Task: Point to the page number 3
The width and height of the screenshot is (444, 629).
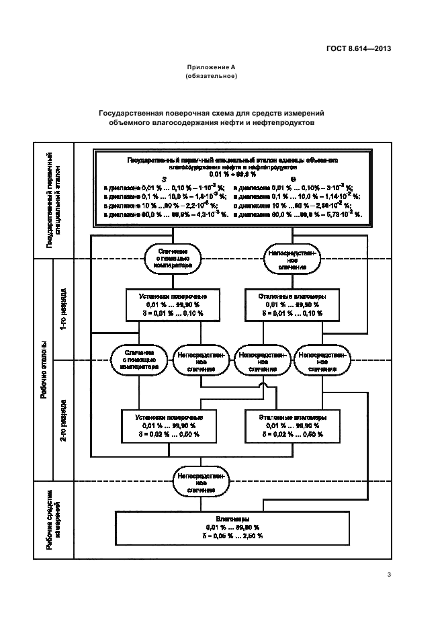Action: tap(389, 573)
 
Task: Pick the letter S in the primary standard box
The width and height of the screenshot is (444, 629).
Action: tap(163, 178)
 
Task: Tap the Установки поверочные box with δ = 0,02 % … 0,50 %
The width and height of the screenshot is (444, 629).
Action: tap(163, 426)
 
